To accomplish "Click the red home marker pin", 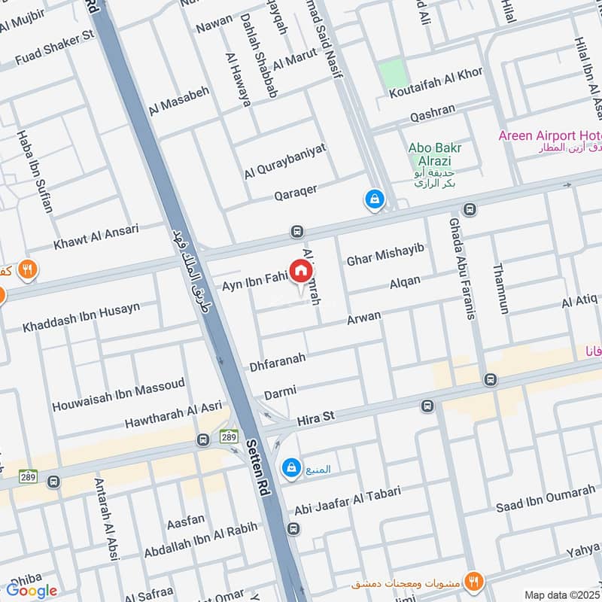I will click(301, 271).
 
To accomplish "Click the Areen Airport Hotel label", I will click(550, 135).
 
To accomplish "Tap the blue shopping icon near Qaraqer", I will click(373, 200).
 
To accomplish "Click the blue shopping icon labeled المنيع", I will click(290, 469).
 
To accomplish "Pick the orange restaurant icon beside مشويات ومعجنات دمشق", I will click(473, 581).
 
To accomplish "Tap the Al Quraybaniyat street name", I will click(285, 161).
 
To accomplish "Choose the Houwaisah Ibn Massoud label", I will click(118, 395).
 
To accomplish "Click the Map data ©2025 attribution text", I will click(563, 595).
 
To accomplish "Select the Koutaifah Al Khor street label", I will click(435, 93).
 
